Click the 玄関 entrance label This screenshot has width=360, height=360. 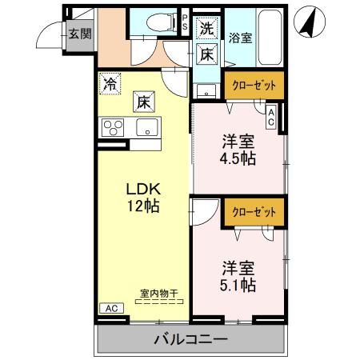[78, 34]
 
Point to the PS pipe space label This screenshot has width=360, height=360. [186, 23]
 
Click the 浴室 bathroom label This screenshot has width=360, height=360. [239, 38]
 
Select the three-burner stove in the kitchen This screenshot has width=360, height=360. [112, 126]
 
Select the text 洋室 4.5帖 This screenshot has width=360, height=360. [238, 150]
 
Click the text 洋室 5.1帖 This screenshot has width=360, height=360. [238, 274]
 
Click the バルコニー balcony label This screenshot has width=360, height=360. [190, 340]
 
